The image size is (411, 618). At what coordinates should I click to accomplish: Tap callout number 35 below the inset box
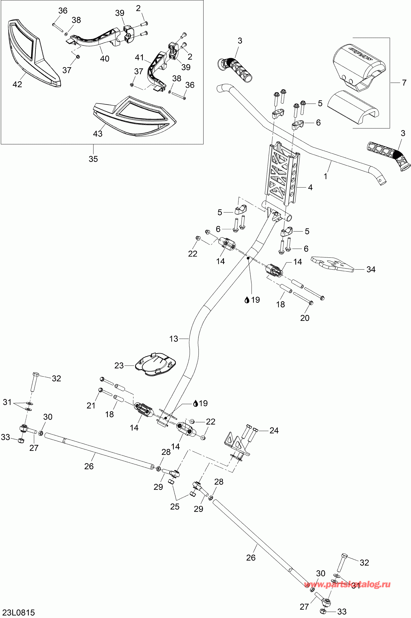93,159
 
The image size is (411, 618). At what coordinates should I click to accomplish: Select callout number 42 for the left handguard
17,84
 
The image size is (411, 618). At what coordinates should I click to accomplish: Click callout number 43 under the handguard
98,134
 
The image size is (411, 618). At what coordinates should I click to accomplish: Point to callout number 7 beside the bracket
404,83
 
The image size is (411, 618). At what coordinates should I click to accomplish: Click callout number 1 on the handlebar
326,176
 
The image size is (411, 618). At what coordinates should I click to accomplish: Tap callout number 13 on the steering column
174,339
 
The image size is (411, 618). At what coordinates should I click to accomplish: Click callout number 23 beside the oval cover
119,365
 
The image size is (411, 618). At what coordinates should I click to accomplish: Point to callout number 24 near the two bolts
274,430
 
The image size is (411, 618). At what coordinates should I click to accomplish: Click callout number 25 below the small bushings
175,506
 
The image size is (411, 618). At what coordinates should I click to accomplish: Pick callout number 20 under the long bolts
305,318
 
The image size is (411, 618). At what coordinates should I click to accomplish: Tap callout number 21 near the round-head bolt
91,405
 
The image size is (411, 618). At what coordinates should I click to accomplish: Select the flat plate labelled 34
332,264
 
